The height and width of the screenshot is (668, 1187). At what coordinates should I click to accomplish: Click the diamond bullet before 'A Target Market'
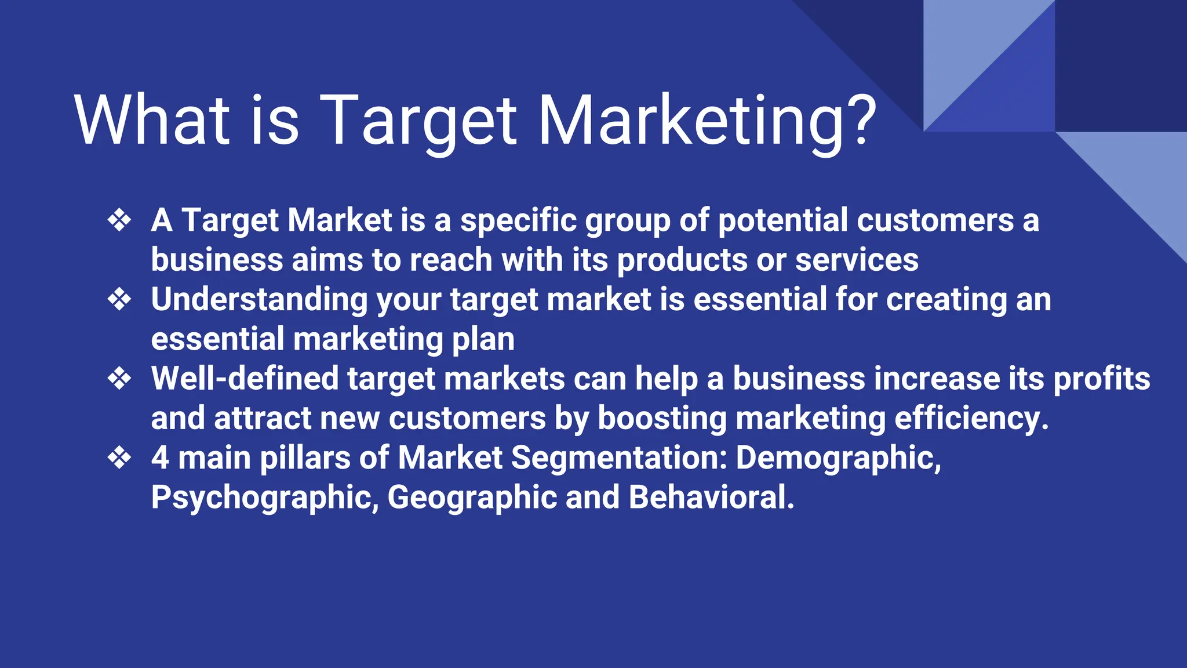point(119,220)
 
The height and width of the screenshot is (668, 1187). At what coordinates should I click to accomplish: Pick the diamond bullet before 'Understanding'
point(119,300)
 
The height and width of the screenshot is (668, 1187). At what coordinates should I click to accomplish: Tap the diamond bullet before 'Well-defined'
point(119,379)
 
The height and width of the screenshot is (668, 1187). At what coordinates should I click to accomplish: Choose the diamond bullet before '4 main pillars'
point(119,458)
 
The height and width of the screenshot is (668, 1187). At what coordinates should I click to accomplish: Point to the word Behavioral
point(711,498)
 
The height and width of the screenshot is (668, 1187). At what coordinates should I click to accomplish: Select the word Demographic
point(838,458)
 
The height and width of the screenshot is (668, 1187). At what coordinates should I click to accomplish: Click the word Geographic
point(472,498)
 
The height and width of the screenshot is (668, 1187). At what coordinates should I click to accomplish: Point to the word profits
point(1101,379)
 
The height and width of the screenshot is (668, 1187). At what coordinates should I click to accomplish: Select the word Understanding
point(259,300)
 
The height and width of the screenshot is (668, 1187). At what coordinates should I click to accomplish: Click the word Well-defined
point(245,379)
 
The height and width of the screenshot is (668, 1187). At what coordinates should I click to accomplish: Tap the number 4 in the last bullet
point(160,458)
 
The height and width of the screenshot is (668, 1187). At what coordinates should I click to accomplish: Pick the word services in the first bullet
point(857,260)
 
